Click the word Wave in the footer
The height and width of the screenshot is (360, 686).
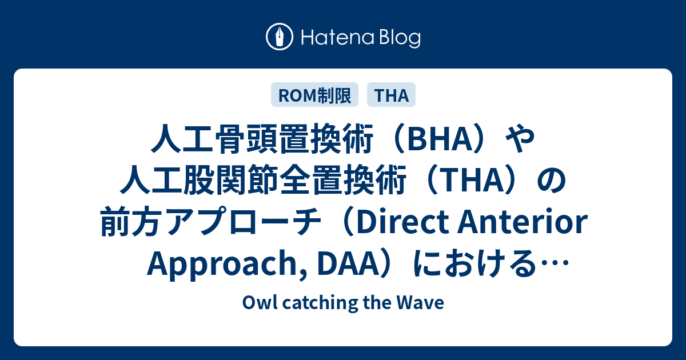[429, 303]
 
